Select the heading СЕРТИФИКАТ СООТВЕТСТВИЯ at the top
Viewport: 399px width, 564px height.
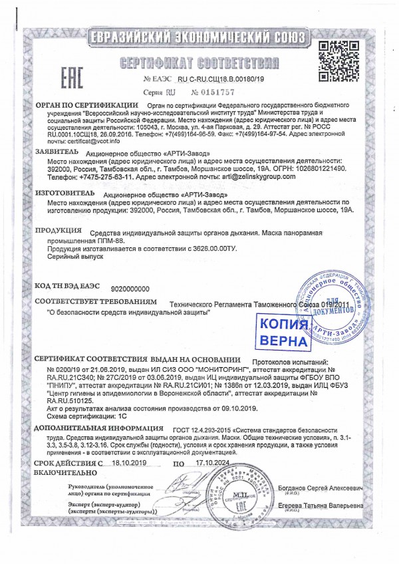(199, 63)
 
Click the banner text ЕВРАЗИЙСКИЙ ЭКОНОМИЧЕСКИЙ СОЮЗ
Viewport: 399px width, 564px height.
(199, 36)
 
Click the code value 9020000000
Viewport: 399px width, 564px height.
(130, 289)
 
